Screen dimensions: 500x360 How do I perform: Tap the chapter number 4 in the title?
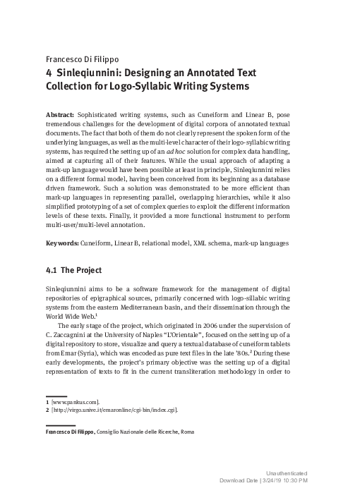49,73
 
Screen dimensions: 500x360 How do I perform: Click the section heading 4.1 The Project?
74,270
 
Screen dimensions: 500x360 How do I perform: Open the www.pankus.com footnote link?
76,401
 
